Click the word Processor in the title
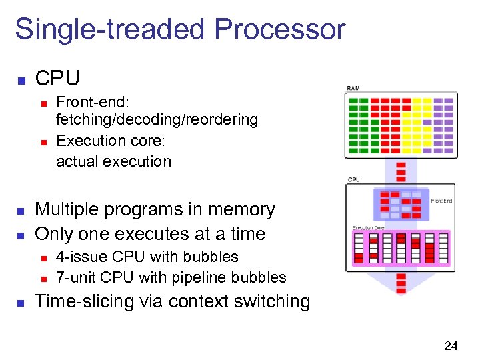(x=280, y=30)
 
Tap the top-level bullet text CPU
(x=57, y=79)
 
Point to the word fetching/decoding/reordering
(x=157, y=119)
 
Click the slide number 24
(x=451, y=345)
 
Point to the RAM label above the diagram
(x=353, y=89)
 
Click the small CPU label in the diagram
(x=353, y=179)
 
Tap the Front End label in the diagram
(x=441, y=200)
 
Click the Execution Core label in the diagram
(x=368, y=228)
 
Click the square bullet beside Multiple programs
(x=21, y=211)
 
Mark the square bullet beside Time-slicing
(x=21, y=302)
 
